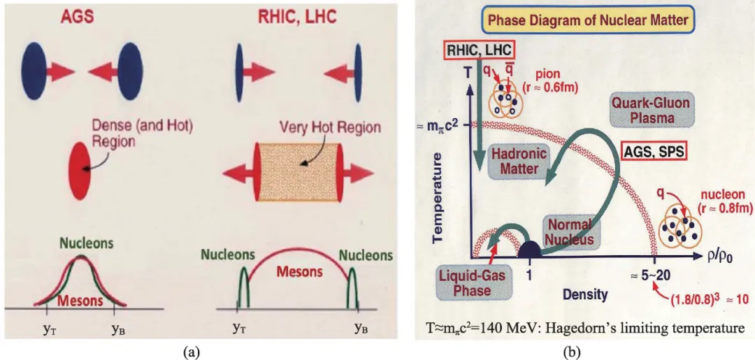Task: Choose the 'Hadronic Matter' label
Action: pos(518,161)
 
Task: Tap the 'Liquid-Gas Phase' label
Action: pos(472,282)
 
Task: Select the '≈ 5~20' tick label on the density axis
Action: pos(656,275)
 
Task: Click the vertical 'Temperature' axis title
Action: pos(438,192)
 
